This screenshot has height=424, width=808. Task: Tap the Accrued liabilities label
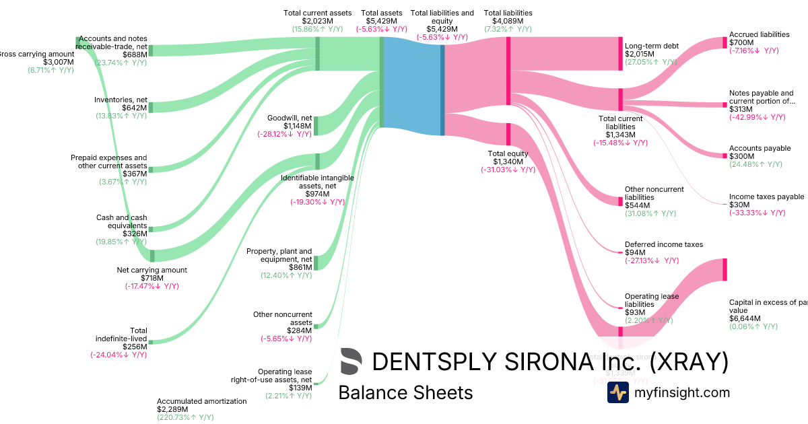(x=759, y=34)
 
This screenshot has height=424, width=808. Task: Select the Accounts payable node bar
(x=725, y=156)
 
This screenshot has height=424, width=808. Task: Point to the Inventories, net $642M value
(x=134, y=108)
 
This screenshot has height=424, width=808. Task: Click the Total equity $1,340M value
(x=508, y=162)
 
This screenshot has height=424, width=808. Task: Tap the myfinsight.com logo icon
(x=617, y=392)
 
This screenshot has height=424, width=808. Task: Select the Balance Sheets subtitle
(x=405, y=392)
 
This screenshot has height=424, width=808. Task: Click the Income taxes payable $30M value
(x=739, y=205)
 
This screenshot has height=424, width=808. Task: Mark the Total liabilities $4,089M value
(x=508, y=21)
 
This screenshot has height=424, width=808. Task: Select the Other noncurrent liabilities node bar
(x=621, y=201)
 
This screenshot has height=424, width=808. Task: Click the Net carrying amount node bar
(x=152, y=256)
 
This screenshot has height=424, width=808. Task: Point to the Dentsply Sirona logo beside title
(x=351, y=361)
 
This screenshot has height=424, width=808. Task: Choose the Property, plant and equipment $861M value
(x=300, y=267)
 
